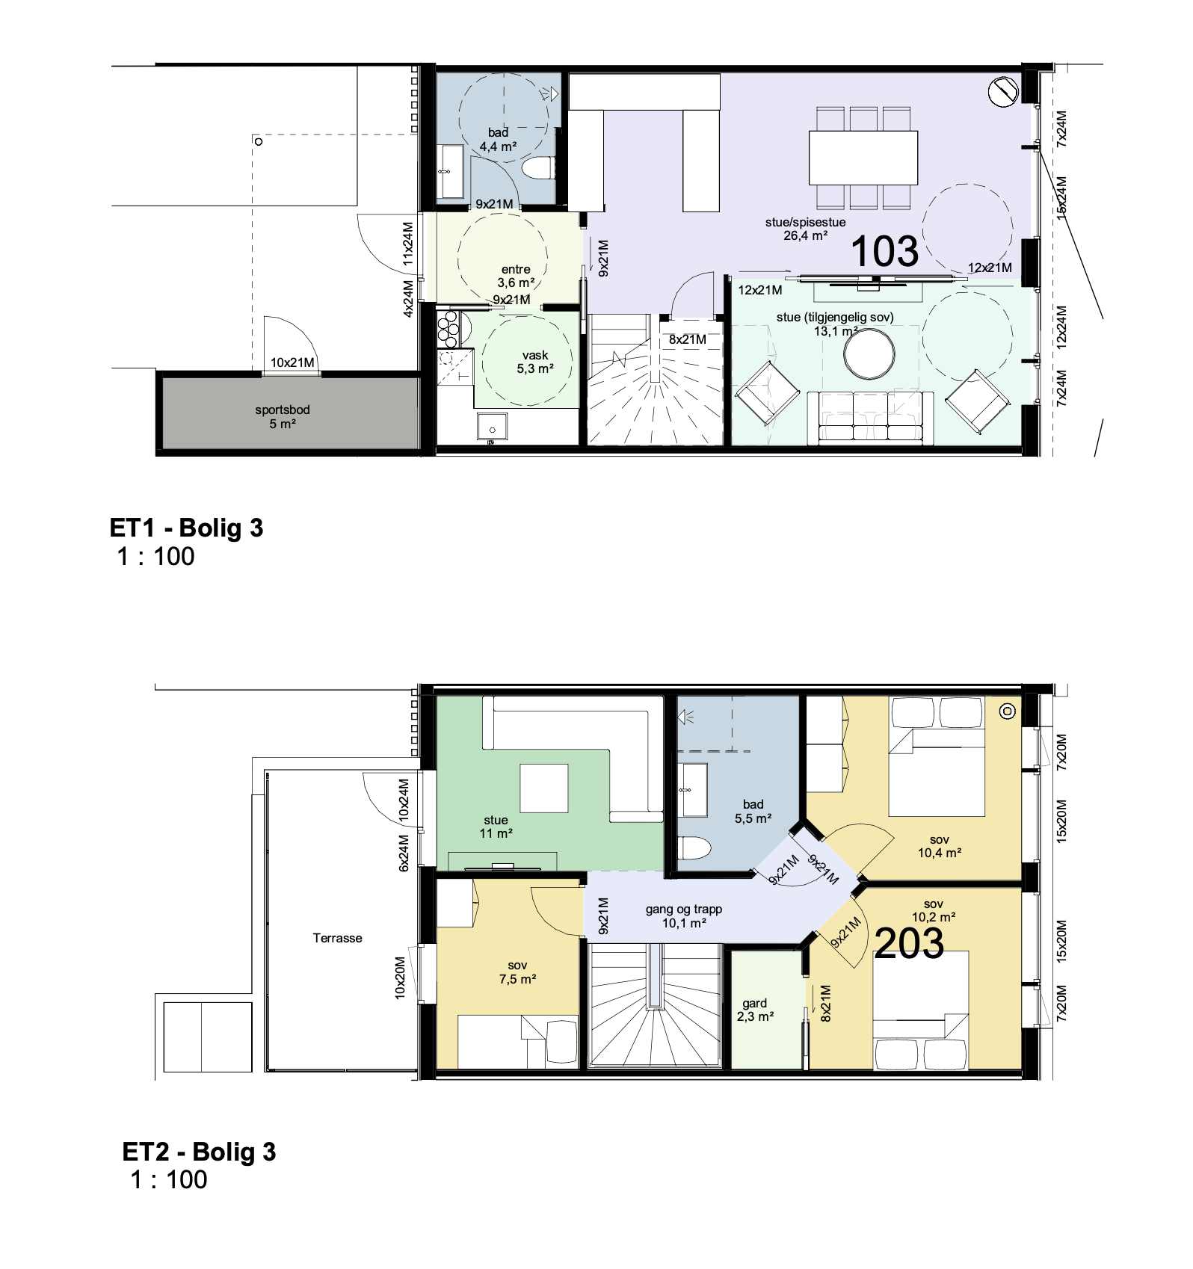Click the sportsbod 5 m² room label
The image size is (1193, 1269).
coord(282,417)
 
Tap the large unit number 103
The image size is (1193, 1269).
coord(884,251)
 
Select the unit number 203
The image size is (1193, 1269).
coord(909,943)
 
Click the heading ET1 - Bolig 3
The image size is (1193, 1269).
coord(186,528)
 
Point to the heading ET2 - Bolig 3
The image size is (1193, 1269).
coord(199,1152)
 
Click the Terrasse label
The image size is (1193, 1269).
coord(337,938)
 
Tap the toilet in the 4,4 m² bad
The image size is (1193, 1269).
coord(537,168)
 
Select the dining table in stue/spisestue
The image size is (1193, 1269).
coord(863,158)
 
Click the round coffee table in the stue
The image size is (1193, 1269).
coord(869,354)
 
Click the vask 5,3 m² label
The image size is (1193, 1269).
coord(535,362)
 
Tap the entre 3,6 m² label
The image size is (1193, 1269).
coord(516,276)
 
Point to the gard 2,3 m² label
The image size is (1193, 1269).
coord(755,1010)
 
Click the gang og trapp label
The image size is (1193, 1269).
coord(684,910)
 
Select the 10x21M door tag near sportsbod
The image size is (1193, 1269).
coord(292,362)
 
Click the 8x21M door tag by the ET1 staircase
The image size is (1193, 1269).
coord(688,339)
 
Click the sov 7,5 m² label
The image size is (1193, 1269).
coord(518,972)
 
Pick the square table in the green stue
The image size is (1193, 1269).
coord(544,788)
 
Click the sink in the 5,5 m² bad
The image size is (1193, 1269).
coord(693,790)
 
